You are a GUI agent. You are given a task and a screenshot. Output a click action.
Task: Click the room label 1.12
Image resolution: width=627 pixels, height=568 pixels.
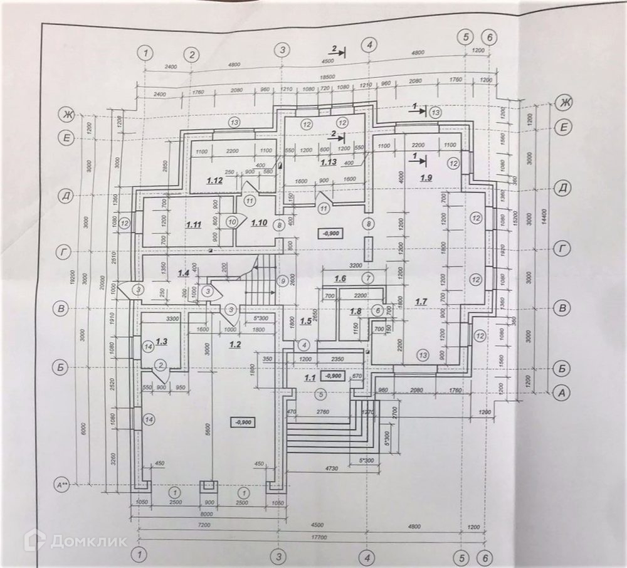[x=216, y=181]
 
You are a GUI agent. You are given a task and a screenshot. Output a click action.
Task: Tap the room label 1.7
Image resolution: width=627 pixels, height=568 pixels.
[x=421, y=302]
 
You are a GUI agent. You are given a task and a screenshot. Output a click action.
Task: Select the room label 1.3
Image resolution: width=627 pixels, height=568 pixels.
[x=162, y=341]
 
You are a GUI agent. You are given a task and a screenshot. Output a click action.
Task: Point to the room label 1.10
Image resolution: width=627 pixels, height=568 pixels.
[x=259, y=222]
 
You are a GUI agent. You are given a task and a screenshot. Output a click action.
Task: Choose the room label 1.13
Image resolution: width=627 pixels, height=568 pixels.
[x=328, y=163]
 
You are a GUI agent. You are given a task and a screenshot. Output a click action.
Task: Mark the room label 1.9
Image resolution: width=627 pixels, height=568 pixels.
[x=426, y=177]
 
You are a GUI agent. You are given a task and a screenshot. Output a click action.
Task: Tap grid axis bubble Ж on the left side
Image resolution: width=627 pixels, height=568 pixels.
[x=65, y=114]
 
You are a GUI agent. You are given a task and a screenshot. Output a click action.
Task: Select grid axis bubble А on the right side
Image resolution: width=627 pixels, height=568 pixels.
[x=562, y=393]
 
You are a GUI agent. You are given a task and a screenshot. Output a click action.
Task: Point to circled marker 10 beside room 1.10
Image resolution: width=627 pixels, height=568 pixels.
[x=232, y=221]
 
